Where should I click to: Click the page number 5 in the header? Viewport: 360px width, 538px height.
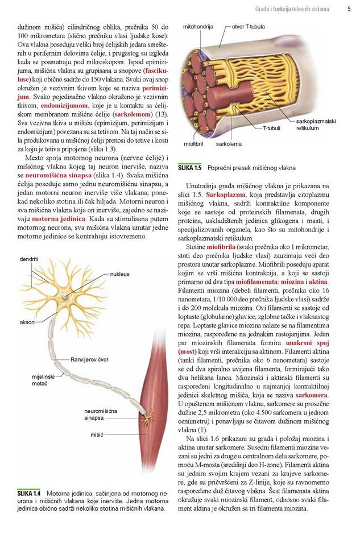coord(349,9)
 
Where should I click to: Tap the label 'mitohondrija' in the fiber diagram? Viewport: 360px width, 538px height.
coord(197,27)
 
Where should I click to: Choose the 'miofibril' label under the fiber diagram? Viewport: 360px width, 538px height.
coord(194,144)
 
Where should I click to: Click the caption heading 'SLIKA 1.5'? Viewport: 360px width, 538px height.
coord(189,168)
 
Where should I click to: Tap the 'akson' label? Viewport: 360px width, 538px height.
coord(27,322)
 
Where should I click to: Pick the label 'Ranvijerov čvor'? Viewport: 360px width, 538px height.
coord(90,359)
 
